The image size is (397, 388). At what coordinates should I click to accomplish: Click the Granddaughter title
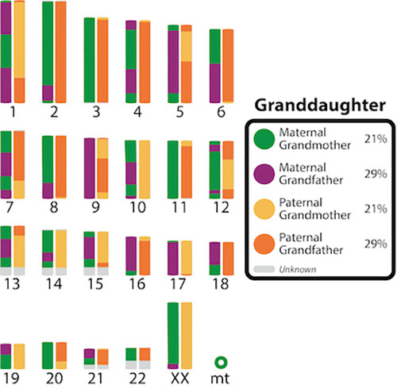tap(317, 106)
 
